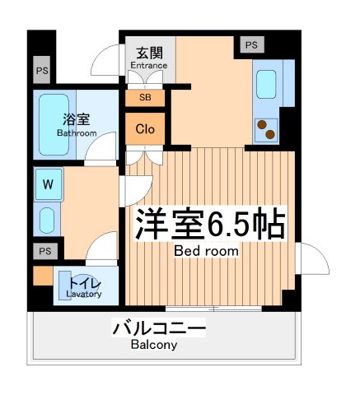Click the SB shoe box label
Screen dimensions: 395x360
(x=145, y=97)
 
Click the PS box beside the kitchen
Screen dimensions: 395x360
(x=250, y=44)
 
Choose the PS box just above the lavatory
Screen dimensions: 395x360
(x=44, y=251)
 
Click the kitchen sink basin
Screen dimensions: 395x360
(x=267, y=84)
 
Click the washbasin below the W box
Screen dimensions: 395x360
(x=47, y=220)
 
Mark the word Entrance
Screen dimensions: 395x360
(x=148, y=65)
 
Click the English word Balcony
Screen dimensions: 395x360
(x=153, y=346)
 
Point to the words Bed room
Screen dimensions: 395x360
(x=206, y=250)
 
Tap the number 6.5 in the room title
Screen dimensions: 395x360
(x=220, y=222)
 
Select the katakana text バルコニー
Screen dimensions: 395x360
(x=158, y=329)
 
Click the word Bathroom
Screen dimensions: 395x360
(x=77, y=132)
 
